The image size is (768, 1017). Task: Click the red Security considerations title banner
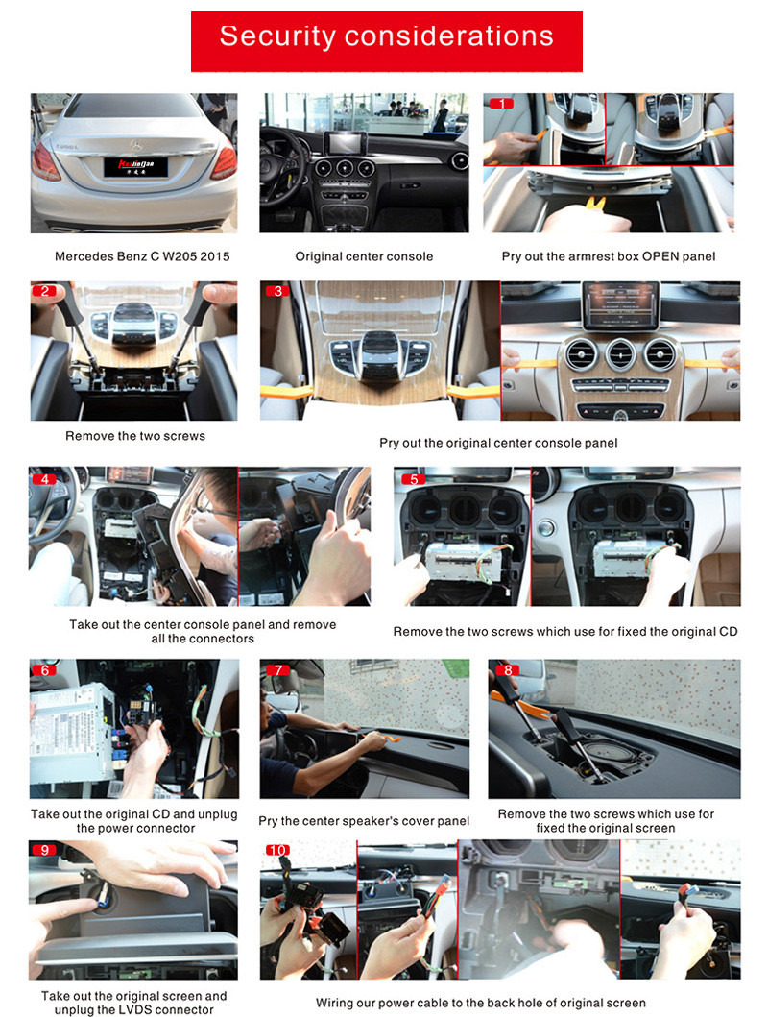386,41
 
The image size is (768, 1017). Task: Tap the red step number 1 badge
501,104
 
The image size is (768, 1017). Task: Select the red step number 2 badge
44,291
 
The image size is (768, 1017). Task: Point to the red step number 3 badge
277,291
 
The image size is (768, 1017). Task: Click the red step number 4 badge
44,479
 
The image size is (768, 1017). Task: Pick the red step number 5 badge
414,479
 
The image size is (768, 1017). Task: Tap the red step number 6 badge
44,670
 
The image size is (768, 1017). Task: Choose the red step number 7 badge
277,670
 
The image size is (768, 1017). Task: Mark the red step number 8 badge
508,670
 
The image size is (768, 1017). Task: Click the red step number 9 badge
44,850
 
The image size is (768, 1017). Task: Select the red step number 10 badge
277,850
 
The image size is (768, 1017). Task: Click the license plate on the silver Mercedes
136,167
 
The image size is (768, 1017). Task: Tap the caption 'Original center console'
364,256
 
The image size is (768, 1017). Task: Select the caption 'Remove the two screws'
135,436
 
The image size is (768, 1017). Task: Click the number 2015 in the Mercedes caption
214,256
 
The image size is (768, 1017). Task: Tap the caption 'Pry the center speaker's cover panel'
364,821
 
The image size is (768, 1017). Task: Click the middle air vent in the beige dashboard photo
620,355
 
